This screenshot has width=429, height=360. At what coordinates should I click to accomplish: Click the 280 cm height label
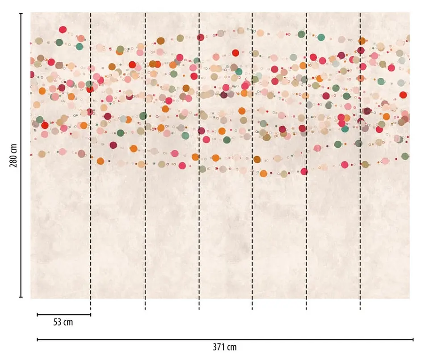pyautogui.click(x=13, y=155)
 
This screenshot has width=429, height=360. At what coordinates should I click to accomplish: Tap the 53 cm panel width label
pyautogui.click(x=63, y=322)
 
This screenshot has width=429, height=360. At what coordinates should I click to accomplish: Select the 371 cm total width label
pyautogui.click(x=225, y=347)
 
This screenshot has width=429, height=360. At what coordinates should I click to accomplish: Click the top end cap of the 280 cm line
pyautogui.click(x=21, y=13)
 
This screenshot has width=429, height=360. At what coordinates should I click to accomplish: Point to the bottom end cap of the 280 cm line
pyautogui.click(x=21, y=297)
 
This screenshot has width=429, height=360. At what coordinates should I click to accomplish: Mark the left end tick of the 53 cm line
pyautogui.click(x=37, y=315)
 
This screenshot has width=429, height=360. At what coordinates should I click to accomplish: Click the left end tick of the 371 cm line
pyautogui.click(x=37, y=339)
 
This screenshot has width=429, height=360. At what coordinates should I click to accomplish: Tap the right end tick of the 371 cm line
pyautogui.click(x=413, y=339)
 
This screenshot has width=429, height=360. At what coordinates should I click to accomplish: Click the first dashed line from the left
pyautogui.click(x=91, y=161)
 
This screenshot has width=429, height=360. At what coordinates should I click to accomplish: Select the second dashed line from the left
pyautogui.click(x=145, y=161)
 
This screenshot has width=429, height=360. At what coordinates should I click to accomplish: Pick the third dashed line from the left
pyautogui.click(x=199, y=161)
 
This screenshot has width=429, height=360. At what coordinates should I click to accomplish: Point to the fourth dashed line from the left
pyautogui.click(x=252, y=161)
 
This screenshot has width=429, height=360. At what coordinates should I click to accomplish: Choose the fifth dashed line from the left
pyautogui.click(x=306, y=161)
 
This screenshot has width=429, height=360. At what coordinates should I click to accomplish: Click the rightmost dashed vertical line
pyautogui.click(x=360, y=161)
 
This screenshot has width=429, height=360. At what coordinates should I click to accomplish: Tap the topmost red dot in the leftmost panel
pyautogui.click(x=63, y=30)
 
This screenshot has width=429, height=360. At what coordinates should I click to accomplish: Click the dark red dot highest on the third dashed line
pyautogui.click(x=201, y=37)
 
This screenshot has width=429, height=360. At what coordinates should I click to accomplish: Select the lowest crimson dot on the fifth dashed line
pyautogui.click(x=304, y=171)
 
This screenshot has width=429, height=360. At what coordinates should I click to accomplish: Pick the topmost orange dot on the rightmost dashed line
pyautogui.click(x=362, y=41)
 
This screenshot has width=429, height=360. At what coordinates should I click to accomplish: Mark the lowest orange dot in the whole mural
pyautogui.click(x=263, y=174)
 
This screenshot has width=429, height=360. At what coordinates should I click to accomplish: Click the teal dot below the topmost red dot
pyautogui.click(x=80, y=47)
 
